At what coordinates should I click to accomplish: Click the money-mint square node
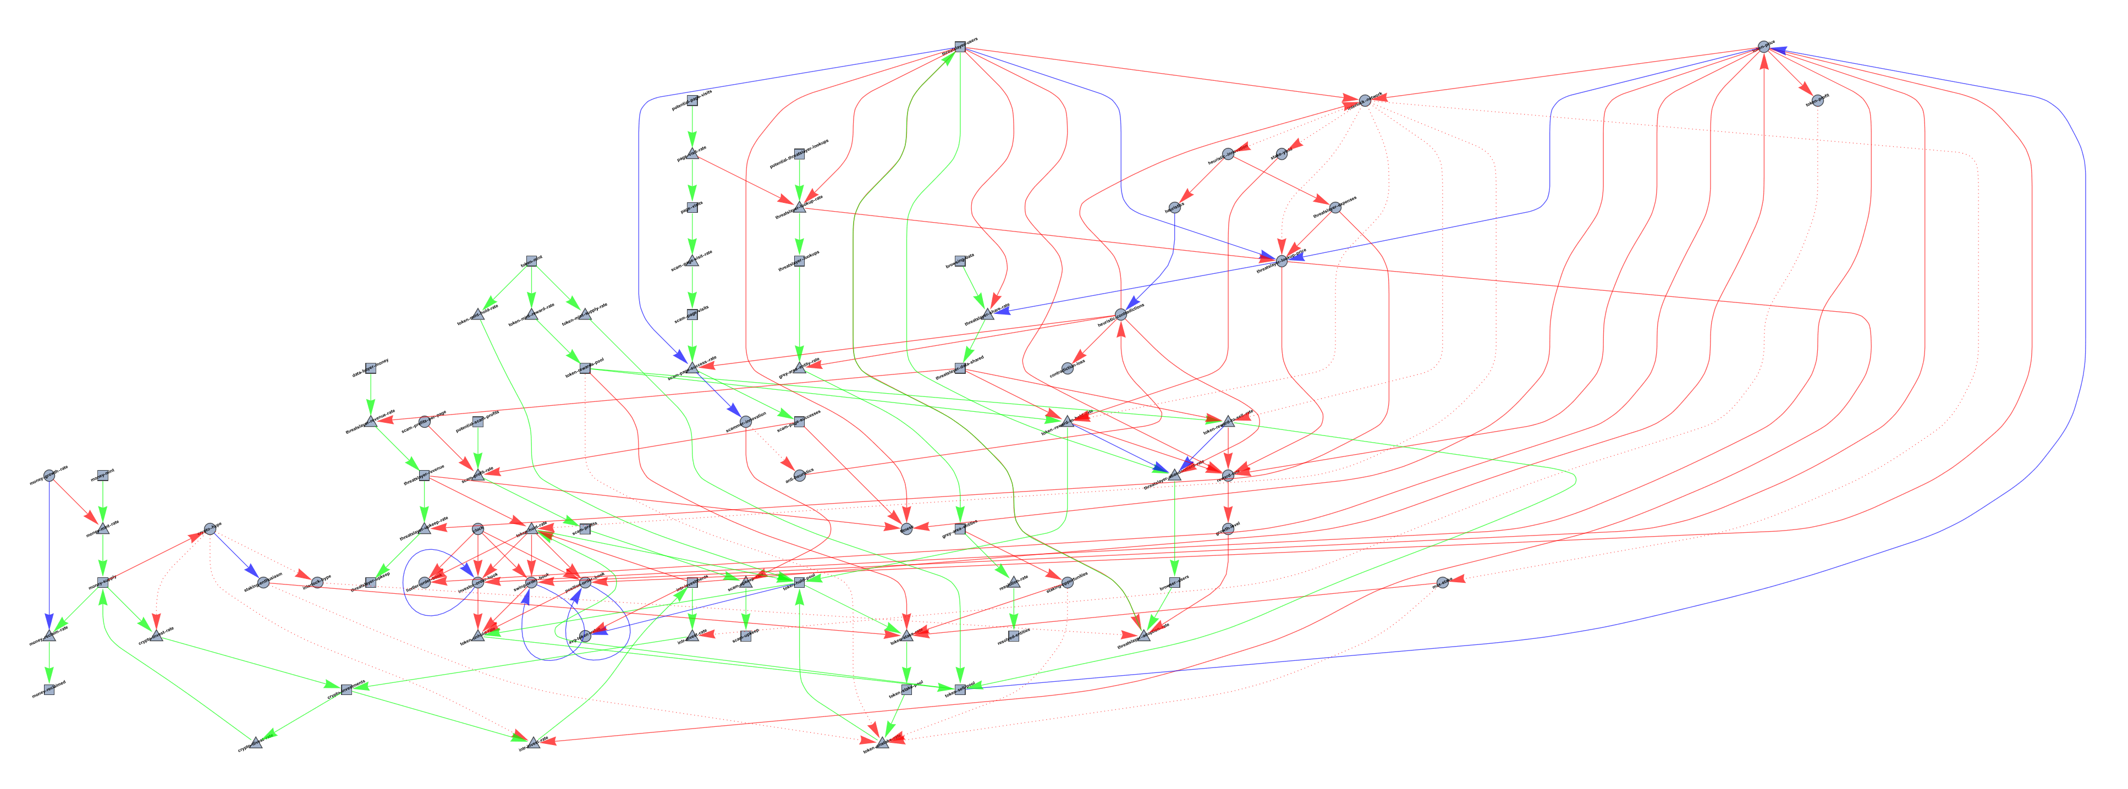[x=102, y=475]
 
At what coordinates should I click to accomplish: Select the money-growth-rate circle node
[x=49, y=475]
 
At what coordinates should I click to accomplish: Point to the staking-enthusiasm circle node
[x=263, y=582]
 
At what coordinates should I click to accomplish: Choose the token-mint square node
[x=532, y=260]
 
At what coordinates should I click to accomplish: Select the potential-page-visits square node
[x=692, y=101]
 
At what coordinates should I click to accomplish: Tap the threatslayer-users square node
[x=960, y=46]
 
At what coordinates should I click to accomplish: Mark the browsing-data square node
[x=960, y=260]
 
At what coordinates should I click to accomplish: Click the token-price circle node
[x=1763, y=46]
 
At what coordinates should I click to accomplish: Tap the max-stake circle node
[x=1442, y=582]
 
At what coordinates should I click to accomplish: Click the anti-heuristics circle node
[x=799, y=475]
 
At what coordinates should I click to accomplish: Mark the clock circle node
[x=477, y=529]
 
